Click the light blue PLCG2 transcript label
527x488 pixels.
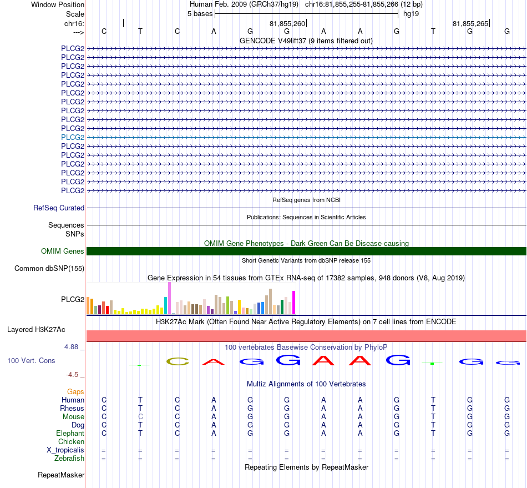click(x=73, y=137)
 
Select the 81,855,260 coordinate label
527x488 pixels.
click(x=287, y=23)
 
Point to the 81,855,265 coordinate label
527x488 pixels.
click(x=470, y=23)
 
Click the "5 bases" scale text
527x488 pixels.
click(x=200, y=14)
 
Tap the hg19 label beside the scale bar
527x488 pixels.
click(x=411, y=14)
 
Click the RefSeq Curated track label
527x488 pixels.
click(x=59, y=208)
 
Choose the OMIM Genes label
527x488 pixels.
click(x=63, y=251)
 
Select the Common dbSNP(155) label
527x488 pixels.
click(x=49, y=268)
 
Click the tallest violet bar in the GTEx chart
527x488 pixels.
click(x=169, y=298)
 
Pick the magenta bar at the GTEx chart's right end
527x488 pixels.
click(x=294, y=303)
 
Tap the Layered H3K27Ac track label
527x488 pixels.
click(x=36, y=330)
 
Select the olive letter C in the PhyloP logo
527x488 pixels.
click(x=178, y=361)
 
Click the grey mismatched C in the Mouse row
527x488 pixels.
click(x=140, y=417)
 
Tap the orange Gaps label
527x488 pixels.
click(x=75, y=391)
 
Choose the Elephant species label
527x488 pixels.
click(x=70, y=433)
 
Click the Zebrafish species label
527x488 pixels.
click(x=69, y=458)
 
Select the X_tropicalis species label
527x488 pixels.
click(x=65, y=450)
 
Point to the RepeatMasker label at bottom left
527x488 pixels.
click(x=61, y=475)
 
